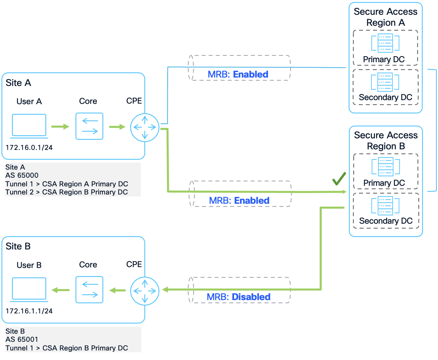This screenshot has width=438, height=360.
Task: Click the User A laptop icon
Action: point(29,126)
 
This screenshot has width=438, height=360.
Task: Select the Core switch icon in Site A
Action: point(89,126)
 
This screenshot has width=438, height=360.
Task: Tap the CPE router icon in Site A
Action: point(145,127)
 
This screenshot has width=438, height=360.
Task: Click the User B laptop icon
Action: point(29,289)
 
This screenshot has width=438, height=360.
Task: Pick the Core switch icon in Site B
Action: point(89,290)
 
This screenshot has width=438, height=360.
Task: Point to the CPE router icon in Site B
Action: point(145,291)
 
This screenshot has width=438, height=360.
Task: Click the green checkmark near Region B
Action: point(339,179)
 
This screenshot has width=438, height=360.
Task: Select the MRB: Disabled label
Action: point(239,297)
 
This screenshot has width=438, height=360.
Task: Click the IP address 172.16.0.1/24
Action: point(29,148)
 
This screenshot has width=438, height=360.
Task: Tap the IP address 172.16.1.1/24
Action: point(29,311)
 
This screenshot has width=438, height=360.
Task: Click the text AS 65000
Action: point(22,175)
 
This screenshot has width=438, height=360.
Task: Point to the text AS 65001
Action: point(22,339)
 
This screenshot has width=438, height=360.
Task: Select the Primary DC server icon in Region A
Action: point(385,43)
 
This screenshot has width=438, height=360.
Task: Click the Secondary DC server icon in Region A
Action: point(385,82)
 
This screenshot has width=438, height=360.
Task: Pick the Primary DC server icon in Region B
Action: point(386,167)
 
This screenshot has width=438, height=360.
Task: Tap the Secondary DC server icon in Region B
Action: point(385,206)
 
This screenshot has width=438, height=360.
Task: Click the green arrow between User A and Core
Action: point(60,126)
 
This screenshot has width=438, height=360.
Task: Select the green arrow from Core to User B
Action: point(60,290)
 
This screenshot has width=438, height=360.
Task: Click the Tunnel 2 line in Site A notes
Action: point(67,192)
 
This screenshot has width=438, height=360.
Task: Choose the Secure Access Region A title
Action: point(385,17)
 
